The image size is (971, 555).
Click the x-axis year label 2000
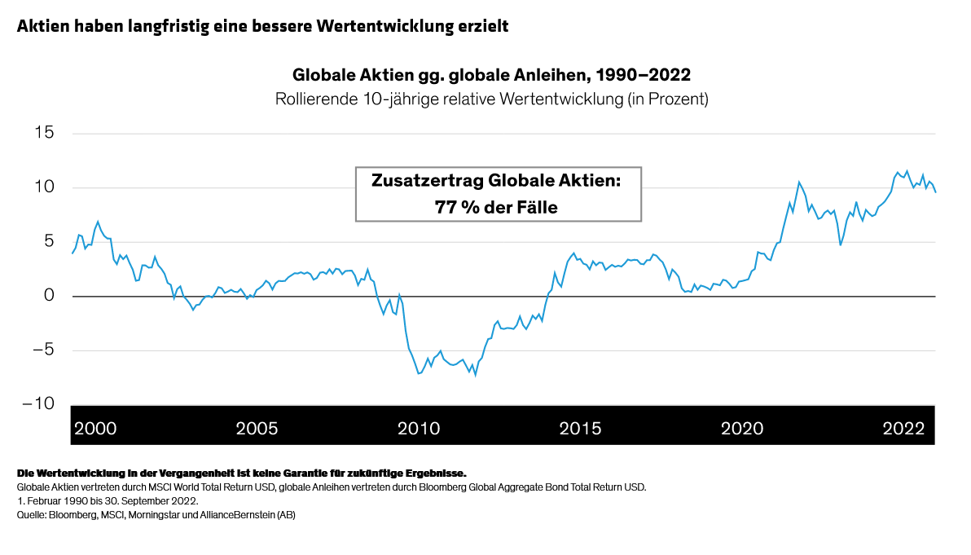(95, 429)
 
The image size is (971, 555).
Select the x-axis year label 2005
(257, 429)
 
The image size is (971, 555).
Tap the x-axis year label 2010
(418, 429)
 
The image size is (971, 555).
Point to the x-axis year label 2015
(580, 429)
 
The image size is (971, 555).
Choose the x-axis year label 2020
(741, 429)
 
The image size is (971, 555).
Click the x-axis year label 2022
(903, 429)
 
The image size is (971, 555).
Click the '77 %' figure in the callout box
(460, 207)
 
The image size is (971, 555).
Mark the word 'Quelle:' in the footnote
(32, 515)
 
